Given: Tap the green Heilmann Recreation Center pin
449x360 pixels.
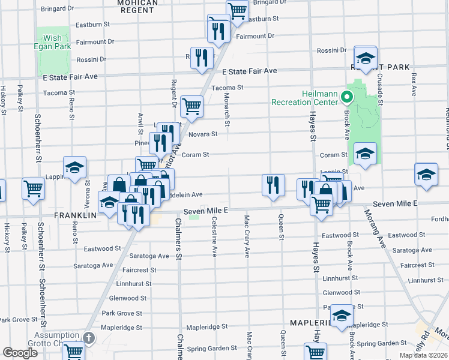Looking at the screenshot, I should pyautogui.click(x=346, y=96).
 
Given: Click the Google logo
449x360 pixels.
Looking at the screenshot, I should pyautogui.click(x=20, y=353).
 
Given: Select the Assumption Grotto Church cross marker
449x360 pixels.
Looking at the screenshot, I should pyautogui.click(x=89, y=338).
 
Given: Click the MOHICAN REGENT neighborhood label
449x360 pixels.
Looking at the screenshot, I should pyautogui.click(x=137, y=3).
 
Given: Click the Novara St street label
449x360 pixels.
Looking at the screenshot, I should pyautogui.click(x=202, y=134).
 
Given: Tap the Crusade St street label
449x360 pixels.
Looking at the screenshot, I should pyautogui.click(x=379, y=86).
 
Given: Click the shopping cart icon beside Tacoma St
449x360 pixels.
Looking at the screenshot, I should pyautogui.click(x=191, y=107).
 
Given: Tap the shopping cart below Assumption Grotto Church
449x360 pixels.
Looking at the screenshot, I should pyautogui.click(x=73, y=351).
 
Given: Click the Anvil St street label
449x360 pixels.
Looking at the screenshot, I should pyautogui.click(x=140, y=124).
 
